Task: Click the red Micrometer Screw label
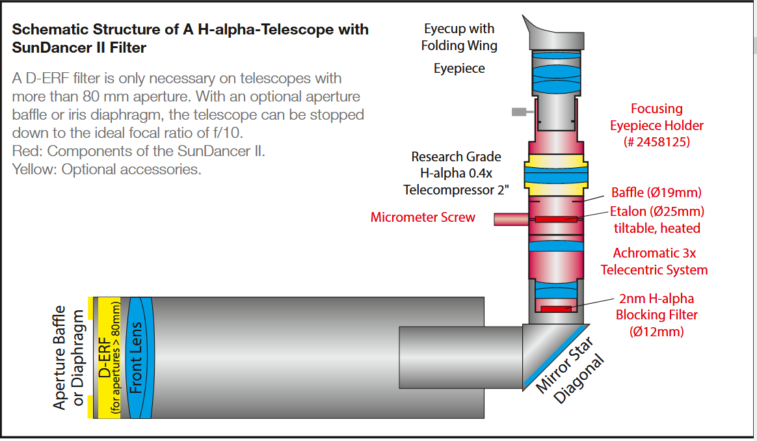click(423, 217)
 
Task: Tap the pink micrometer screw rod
click(511, 219)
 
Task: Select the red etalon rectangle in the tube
click(556, 219)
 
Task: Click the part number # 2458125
click(657, 142)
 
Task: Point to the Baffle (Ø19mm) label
click(656, 193)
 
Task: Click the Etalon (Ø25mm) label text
click(657, 211)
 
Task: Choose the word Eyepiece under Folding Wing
click(459, 68)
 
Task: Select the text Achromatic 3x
click(654, 253)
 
